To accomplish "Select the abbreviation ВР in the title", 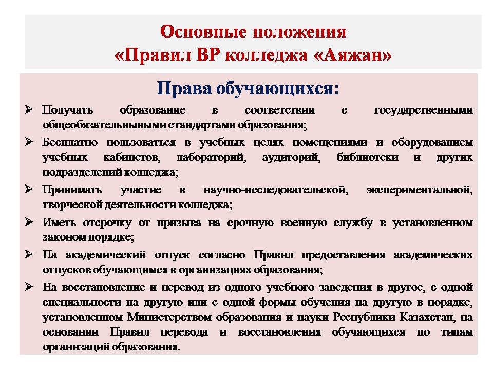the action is pos(208,55).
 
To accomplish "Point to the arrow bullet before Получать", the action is pos(29,109).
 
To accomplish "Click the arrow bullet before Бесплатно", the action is pos(29,142).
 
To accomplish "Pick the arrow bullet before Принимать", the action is pos(29,189).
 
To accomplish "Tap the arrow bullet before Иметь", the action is pos(29,222).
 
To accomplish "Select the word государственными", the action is pos(424,110).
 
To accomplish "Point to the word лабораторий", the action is pos(211,158).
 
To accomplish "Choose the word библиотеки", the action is pos(368,157).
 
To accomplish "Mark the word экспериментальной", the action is pos(420,190).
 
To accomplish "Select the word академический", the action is pos(106,254).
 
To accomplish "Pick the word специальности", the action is pos(82,302).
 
